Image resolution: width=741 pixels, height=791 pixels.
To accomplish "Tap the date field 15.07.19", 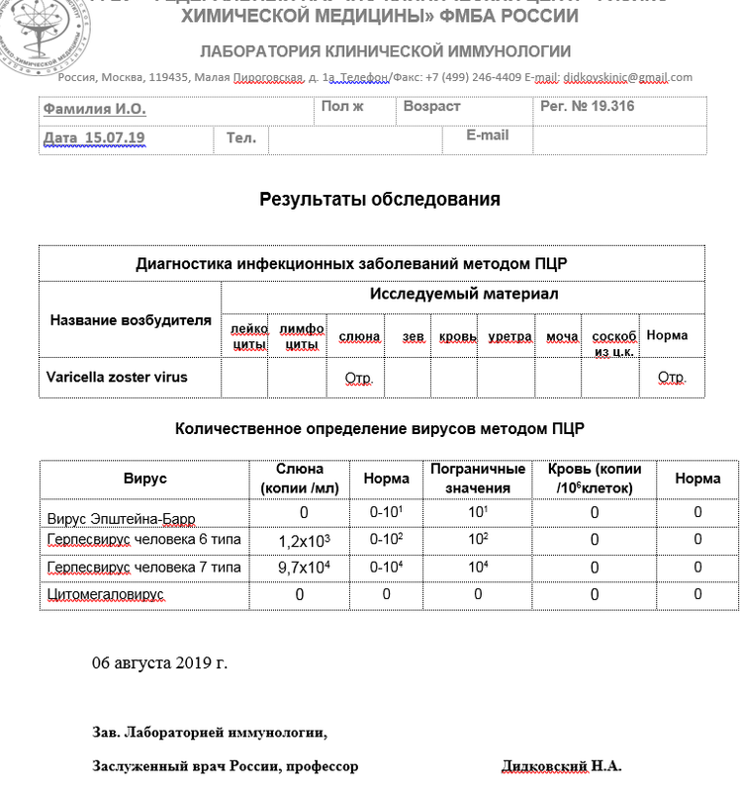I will (x=94, y=138).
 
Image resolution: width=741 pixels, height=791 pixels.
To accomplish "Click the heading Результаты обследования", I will (x=379, y=199).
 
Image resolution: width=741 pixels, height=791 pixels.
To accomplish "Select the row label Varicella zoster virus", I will (x=117, y=377).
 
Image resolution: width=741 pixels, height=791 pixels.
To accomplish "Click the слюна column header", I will (x=359, y=337).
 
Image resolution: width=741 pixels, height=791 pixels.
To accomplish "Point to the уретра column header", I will (x=509, y=337).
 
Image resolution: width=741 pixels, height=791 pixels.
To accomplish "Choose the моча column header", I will (x=562, y=337).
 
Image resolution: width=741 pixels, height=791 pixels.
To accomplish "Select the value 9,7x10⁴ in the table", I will (x=303, y=568).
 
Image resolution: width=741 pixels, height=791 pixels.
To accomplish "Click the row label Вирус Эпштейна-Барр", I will (x=122, y=518).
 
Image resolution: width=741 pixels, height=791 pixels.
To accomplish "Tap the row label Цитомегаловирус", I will (x=106, y=594).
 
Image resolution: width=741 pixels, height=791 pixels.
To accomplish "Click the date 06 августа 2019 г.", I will (x=159, y=662).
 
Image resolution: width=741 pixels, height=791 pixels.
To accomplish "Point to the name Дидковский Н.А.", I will (x=562, y=766).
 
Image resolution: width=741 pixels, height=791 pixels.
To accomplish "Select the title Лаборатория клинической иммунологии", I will (x=385, y=51).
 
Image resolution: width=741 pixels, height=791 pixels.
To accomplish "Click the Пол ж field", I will (x=342, y=107).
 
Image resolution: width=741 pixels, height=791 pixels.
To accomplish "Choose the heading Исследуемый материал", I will (x=463, y=294).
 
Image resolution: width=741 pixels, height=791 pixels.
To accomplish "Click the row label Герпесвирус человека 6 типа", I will (x=143, y=540).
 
